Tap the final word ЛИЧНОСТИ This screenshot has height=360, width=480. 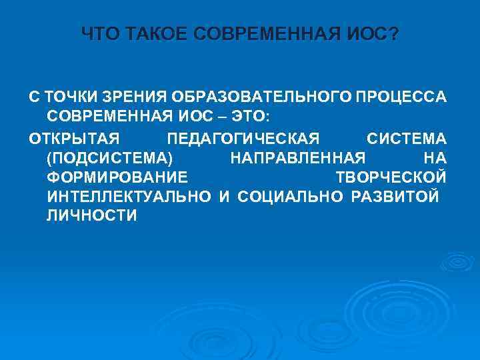point(92,216)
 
